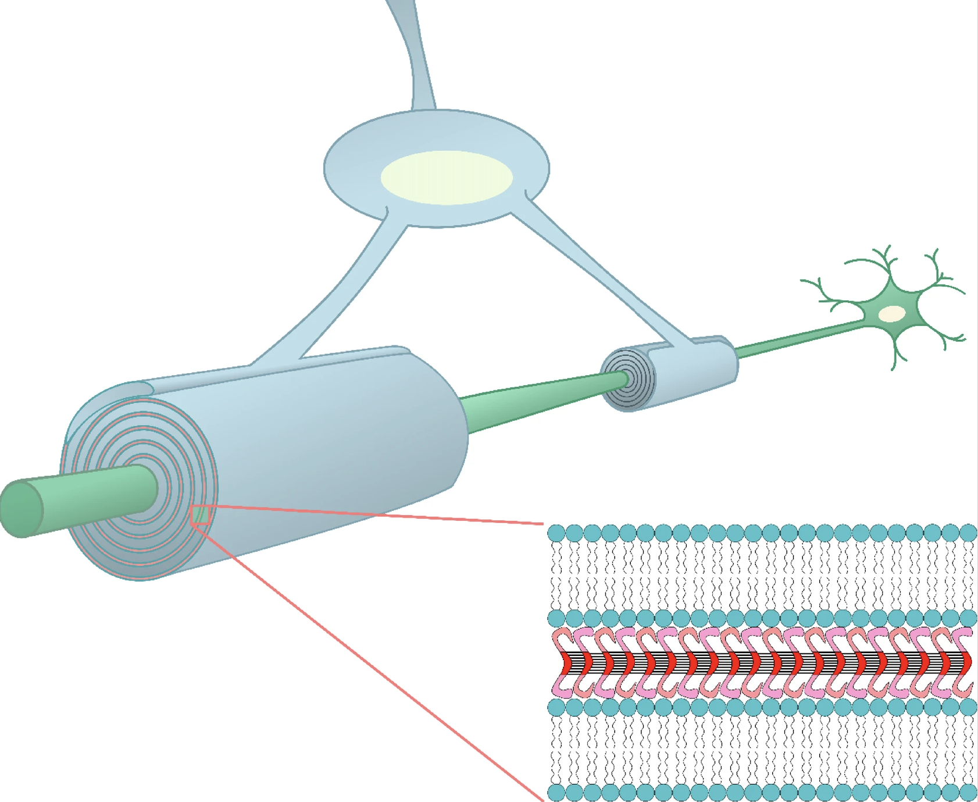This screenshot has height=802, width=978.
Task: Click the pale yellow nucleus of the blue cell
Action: tap(447, 178)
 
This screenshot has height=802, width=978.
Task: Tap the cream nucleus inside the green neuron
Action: tap(891, 314)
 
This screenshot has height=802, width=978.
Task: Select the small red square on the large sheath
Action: tap(200, 515)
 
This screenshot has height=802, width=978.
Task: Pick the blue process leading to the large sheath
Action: tap(337, 291)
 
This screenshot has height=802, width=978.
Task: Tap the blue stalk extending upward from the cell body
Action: tap(419, 58)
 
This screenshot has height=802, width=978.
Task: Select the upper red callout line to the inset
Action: tap(378, 514)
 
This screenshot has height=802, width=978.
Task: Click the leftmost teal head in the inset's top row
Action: tap(556, 533)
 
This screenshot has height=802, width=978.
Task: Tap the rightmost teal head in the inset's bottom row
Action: tap(968, 792)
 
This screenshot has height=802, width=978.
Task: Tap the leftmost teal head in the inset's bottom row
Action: tap(556, 792)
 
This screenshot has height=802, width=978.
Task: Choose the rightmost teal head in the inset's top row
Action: tap(968, 533)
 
